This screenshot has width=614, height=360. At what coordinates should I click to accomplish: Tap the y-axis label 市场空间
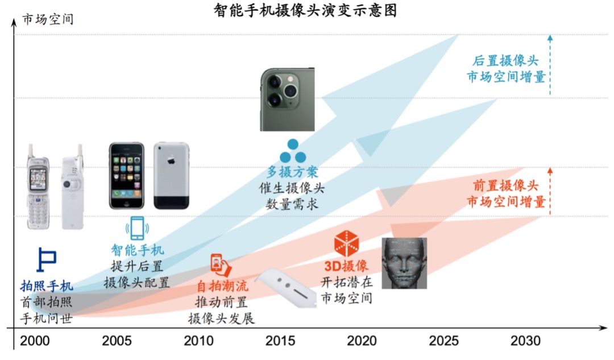coord(48,19)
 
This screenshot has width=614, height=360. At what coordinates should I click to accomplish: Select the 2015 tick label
coord(280,341)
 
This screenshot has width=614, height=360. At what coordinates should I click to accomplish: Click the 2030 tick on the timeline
coord(525,341)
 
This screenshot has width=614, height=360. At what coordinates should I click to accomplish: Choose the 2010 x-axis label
coord(199,341)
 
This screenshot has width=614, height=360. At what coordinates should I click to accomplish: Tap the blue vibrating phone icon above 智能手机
coord(137,228)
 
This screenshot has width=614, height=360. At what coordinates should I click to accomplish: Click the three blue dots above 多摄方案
coord(292,151)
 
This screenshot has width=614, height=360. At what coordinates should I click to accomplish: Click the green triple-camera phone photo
coord(287,99)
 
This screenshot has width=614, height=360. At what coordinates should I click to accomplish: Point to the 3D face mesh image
coord(404,263)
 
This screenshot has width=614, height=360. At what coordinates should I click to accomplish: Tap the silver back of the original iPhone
coord(171,175)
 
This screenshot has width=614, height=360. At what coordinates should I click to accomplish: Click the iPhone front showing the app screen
coord(127,175)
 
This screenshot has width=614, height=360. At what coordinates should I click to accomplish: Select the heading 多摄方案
coord(292,172)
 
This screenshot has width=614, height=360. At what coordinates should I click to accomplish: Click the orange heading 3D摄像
coord(347,266)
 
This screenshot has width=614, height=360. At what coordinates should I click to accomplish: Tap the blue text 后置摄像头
coord(505,61)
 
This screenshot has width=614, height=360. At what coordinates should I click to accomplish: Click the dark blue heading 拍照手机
coord(47,286)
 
